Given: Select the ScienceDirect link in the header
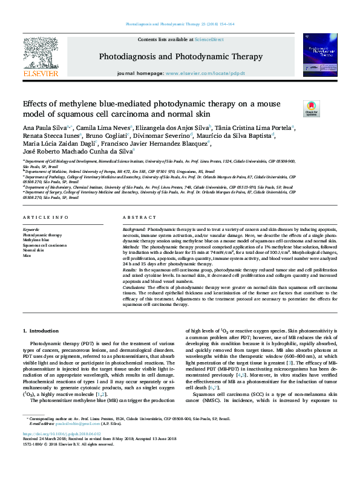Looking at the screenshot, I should tap(209, 39).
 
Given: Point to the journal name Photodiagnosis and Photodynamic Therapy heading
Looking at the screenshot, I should tap(180, 56).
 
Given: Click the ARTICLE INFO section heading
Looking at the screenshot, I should tap(44, 217).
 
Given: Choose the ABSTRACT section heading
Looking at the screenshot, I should tap(140, 217).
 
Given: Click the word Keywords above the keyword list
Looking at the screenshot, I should tap(31, 230).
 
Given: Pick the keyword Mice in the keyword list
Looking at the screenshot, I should tap(27, 256).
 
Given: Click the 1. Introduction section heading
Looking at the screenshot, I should tap(41, 331).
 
